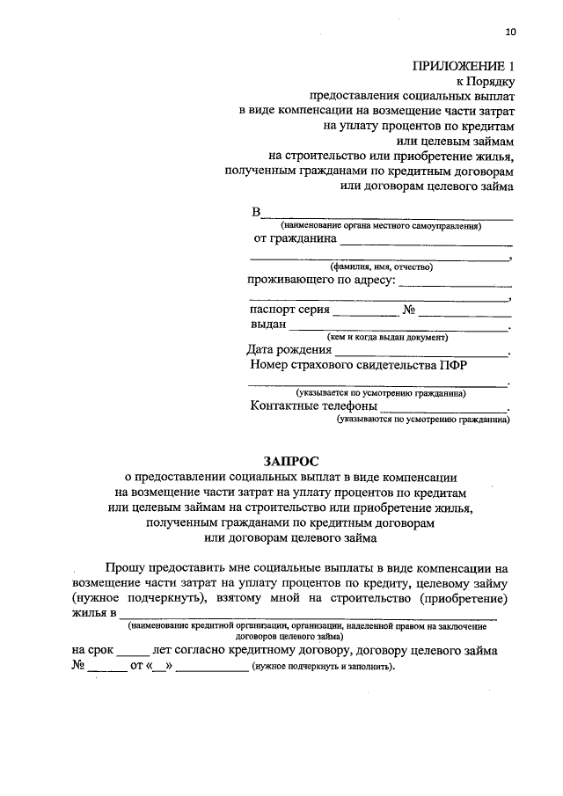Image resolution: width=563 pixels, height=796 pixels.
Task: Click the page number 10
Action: coord(510,33)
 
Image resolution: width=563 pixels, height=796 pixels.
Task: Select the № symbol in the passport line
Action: coord(408,310)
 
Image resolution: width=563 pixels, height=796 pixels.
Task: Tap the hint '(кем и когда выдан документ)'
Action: coord(387,337)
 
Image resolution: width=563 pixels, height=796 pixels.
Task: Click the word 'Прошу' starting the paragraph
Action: coord(127,569)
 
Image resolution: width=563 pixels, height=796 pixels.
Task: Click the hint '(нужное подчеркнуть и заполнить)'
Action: coord(323,668)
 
